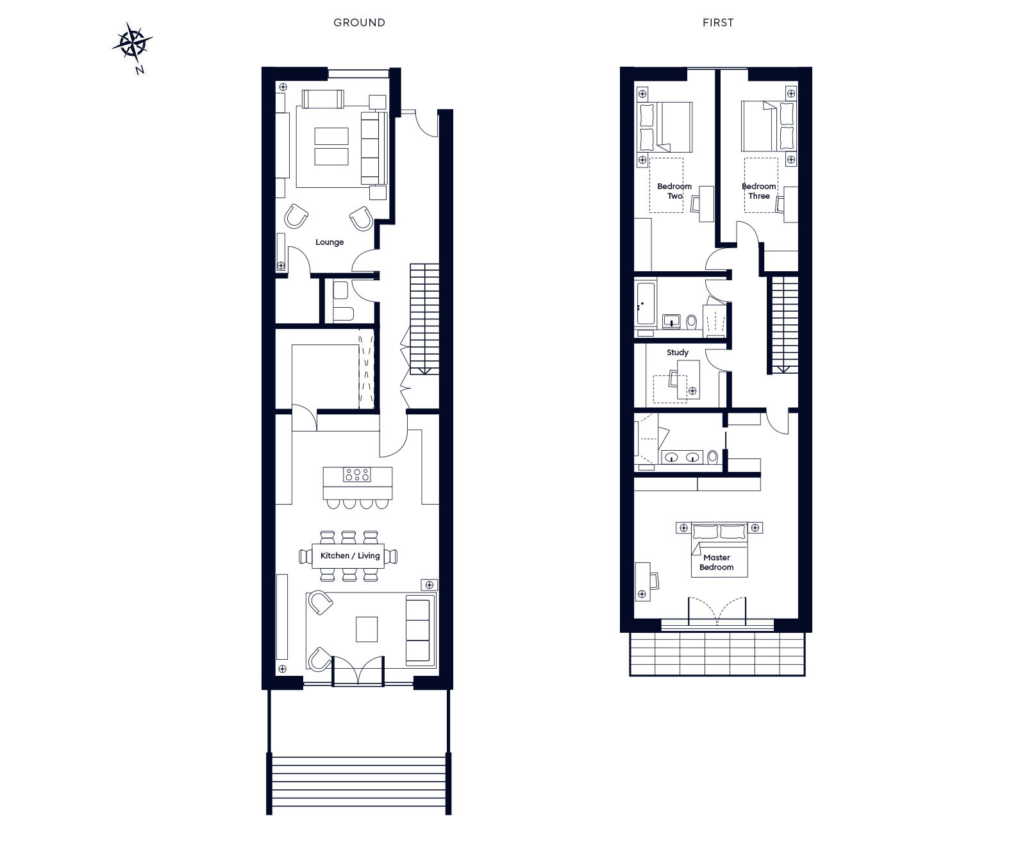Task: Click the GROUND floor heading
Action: pos(359,22)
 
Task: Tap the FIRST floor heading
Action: pos(718,22)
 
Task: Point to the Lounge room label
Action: pos(330,242)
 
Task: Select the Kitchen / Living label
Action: pos(350,556)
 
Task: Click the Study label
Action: pos(678,353)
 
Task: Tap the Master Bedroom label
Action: pos(717,562)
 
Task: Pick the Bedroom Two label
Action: pos(674,191)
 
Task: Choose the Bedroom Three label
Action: pos(759,191)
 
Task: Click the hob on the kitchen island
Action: pos(357,474)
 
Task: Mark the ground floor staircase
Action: pos(424,319)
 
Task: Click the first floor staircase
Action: pos(784,324)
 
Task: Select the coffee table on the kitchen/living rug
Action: pos(367,629)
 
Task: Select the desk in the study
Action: pos(689,380)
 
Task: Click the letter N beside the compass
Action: pos(140,71)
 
